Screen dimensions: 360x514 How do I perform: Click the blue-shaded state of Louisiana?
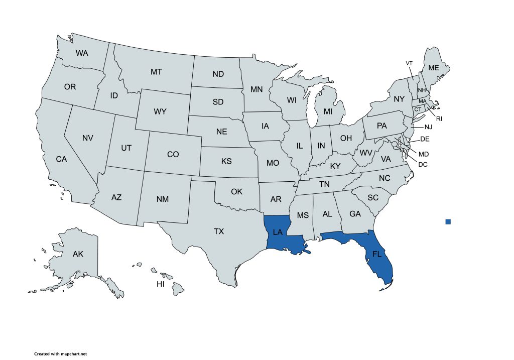point(279,232)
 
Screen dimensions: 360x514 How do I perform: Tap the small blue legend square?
point(448,221)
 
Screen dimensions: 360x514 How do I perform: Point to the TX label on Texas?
point(219,231)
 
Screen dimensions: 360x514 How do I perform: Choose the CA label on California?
point(61,159)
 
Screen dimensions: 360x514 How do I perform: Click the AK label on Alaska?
point(78,254)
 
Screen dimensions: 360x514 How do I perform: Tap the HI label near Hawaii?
point(161,284)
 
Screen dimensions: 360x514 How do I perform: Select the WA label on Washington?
point(82,53)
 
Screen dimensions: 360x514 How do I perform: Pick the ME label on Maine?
point(433,68)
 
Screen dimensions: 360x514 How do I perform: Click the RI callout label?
point(439,119)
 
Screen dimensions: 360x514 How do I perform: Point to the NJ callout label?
point(428,127)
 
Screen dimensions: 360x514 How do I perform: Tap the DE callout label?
point(425,139)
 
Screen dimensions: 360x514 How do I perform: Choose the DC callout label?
point(423,164)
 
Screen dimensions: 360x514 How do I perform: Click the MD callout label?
point(424,154)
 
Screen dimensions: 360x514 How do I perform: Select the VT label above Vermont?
point(409,63)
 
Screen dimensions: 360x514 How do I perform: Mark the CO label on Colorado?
point(173,154)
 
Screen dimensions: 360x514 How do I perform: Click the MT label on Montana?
point(156,72)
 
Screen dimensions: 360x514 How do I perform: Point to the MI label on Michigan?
point(328,111)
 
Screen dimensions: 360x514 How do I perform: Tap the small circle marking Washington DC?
point(395,145)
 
